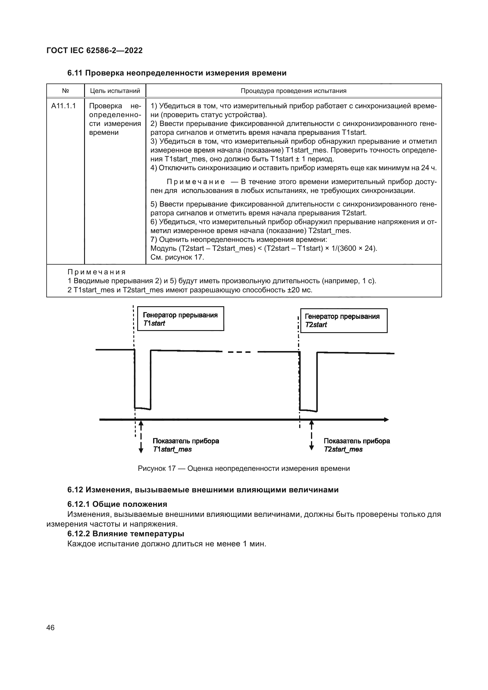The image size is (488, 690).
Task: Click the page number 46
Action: tap(50, 627)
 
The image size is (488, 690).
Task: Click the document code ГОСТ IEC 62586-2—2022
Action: tap(95, 50)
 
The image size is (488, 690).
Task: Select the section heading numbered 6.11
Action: tap(177, 73)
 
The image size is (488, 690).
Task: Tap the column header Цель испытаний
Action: tap(115, 91)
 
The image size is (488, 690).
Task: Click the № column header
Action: tap(65, 91)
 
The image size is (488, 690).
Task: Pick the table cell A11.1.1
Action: tap(63, 106)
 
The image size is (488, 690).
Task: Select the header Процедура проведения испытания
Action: tap(293, 91)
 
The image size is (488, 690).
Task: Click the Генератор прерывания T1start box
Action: tap(180, 319)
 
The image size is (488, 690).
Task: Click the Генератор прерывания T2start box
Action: tap(343, 321)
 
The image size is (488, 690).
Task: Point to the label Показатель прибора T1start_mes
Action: tap(185, 445)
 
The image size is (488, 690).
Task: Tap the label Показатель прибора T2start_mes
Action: tap(356, 445)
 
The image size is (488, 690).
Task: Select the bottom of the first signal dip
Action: tap(143, 408)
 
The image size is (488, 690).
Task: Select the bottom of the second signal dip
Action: tap(308, 410)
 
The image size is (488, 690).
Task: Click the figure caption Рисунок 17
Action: tap(243, 468)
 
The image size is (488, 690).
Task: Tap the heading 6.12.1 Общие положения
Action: tap(117, 504)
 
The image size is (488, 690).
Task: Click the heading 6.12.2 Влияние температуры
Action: tap(125, 534)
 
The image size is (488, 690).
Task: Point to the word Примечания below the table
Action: tap(96, 272)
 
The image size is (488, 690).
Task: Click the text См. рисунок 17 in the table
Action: tap(177, 257)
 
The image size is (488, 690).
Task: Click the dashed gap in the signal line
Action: tap(240, 352)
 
